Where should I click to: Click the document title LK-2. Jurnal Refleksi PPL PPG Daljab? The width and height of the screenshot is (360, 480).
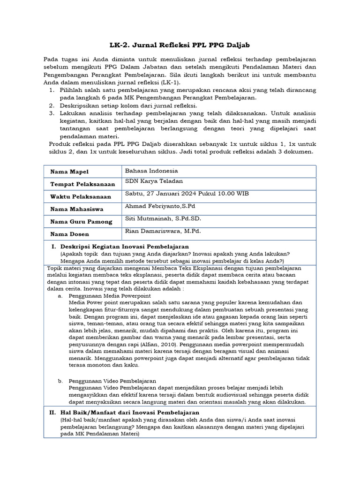(x=180, y=45)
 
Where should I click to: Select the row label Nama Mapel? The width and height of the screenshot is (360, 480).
(x=69, y=172)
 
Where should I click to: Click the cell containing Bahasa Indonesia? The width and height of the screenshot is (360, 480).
(x=151, y=171)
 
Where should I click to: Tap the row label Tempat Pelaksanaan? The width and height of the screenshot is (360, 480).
(x=82, y=184)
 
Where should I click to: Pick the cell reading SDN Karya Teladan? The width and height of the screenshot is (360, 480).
(x=154, y=181)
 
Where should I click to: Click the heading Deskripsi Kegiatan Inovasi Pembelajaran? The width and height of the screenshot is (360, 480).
(x=124, y=246)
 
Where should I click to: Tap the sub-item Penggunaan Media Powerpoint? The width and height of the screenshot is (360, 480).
(x=110, y=296)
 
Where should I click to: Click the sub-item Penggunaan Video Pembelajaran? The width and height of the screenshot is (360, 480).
(x=112, y=381)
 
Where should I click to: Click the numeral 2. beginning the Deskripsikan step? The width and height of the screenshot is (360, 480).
(x=52, y=105)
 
